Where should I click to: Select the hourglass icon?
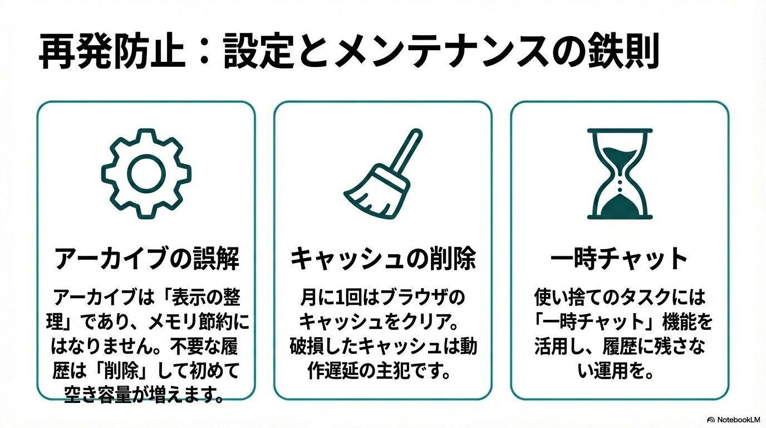pyautogui.click(x=619, y=174)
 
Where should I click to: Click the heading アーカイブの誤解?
pyautogui.click(x=146, y=259)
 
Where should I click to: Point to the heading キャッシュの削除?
pyautogui.click(x=383, y=259)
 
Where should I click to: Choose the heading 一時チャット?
pyautogui.click(x=619, y=259)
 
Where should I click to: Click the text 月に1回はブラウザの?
pyautogui.click(x=383, y=295)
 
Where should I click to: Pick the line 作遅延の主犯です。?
pyautogui.click(x=383, y=371)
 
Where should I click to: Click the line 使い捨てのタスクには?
pyautogui.click(x=619, y=295)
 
